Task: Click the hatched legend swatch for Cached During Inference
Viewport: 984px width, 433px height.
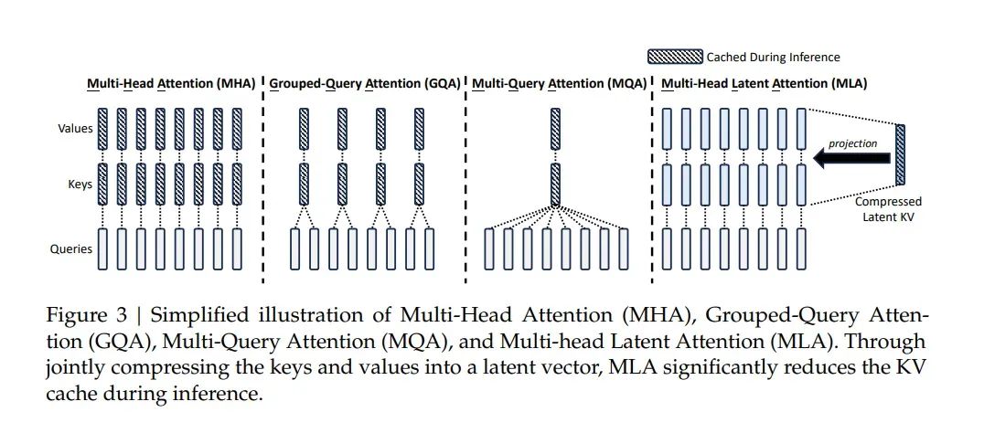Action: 675,58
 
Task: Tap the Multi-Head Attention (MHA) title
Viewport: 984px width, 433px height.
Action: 171,84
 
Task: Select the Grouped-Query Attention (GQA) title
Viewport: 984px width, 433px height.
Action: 365,84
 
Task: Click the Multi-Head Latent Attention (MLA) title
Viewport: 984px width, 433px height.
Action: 764,84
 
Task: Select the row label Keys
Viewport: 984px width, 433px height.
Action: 80,185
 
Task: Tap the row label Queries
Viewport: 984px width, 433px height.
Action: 71,248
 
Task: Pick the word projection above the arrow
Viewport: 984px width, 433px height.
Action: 853,143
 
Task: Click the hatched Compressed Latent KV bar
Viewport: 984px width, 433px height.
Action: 900,157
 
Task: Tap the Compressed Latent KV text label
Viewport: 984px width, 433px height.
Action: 888,207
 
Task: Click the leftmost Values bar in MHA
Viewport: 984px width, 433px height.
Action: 102,129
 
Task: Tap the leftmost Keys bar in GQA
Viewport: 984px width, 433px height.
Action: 304,184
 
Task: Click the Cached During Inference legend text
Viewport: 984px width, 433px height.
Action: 772,58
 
